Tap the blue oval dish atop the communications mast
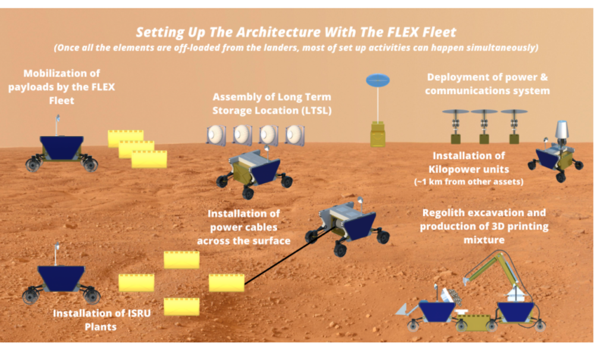pyautogui.click(x=377, y=79)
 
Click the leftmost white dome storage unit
pyautogui.click(x=216, y=135)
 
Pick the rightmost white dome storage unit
pyautogui.click(x=295, y=135)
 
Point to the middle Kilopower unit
pyautogui.click(x=484, y=126)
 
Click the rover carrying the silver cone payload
pyautogui.click(x=555, y=156)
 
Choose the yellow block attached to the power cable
pyautogui.click(x=227, y=283)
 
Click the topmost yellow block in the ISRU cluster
pyautogui.click(x=181, y=259)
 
